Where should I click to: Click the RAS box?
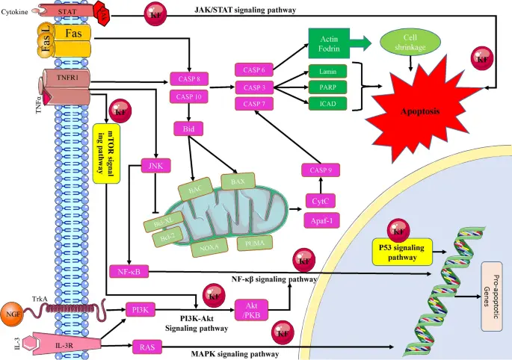(x=146, y=346)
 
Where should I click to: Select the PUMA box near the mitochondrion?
(x=251, y=242)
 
